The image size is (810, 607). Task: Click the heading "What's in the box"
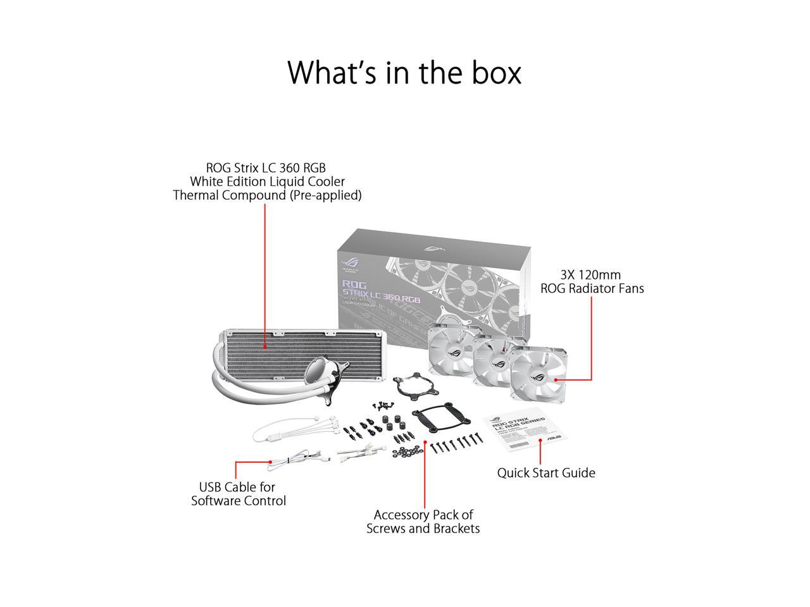(404, 73)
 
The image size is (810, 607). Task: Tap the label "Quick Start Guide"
(545, 472)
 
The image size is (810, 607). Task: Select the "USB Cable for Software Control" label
(238, 494)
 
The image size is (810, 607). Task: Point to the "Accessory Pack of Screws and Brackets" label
(423, 522)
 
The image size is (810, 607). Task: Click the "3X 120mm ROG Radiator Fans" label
(592, 281)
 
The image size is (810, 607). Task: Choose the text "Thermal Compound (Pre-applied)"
(267, 195)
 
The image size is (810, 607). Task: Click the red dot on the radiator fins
(265, 346)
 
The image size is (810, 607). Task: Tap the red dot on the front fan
(555, 379)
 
